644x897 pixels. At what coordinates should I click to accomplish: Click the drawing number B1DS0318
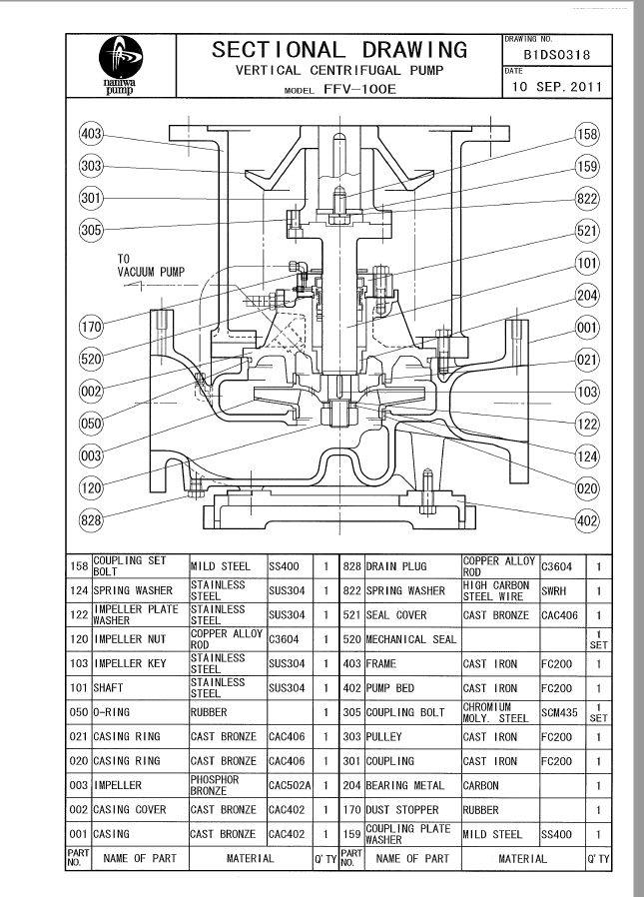point(556,55)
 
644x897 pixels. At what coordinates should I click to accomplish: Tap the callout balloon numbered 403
point(92,133)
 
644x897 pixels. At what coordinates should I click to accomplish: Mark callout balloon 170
point(92,327)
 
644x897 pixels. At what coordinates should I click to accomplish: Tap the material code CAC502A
point(290,785)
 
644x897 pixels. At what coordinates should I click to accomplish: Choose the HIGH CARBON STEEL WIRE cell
point(497,590)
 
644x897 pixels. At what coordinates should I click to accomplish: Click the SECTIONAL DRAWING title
point(339,49)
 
